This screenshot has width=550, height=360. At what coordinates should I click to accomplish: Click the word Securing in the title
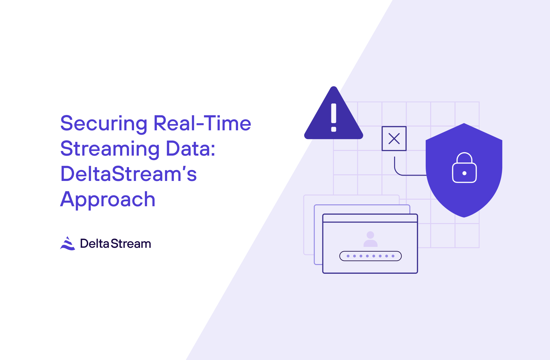[103, 124]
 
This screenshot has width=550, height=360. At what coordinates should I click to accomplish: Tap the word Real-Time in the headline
[202, 123]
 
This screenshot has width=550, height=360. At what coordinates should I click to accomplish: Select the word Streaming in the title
[110, 149]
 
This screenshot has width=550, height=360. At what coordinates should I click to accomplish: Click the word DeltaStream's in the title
[128, 174]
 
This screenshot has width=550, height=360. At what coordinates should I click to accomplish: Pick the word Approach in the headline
[108, 199]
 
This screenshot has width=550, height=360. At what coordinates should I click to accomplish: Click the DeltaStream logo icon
[67, 243]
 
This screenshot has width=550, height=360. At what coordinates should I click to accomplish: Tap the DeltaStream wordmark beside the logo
[116, 244]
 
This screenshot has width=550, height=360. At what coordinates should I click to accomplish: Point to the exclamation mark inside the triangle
[334, 117]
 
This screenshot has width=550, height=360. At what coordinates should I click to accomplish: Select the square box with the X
[394, 138]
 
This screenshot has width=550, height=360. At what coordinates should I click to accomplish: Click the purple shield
[464, 194]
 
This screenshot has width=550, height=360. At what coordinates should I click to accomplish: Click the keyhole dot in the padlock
[464, 173]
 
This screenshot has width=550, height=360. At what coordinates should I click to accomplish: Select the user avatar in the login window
[370, 239]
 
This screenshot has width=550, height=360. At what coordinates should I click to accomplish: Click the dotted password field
[370, 256]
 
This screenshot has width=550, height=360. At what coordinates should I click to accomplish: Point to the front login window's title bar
[370, 218]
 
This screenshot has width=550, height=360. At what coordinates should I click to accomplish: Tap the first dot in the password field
[348, 256]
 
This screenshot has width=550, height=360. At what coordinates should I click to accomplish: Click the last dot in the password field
[393, 256]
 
